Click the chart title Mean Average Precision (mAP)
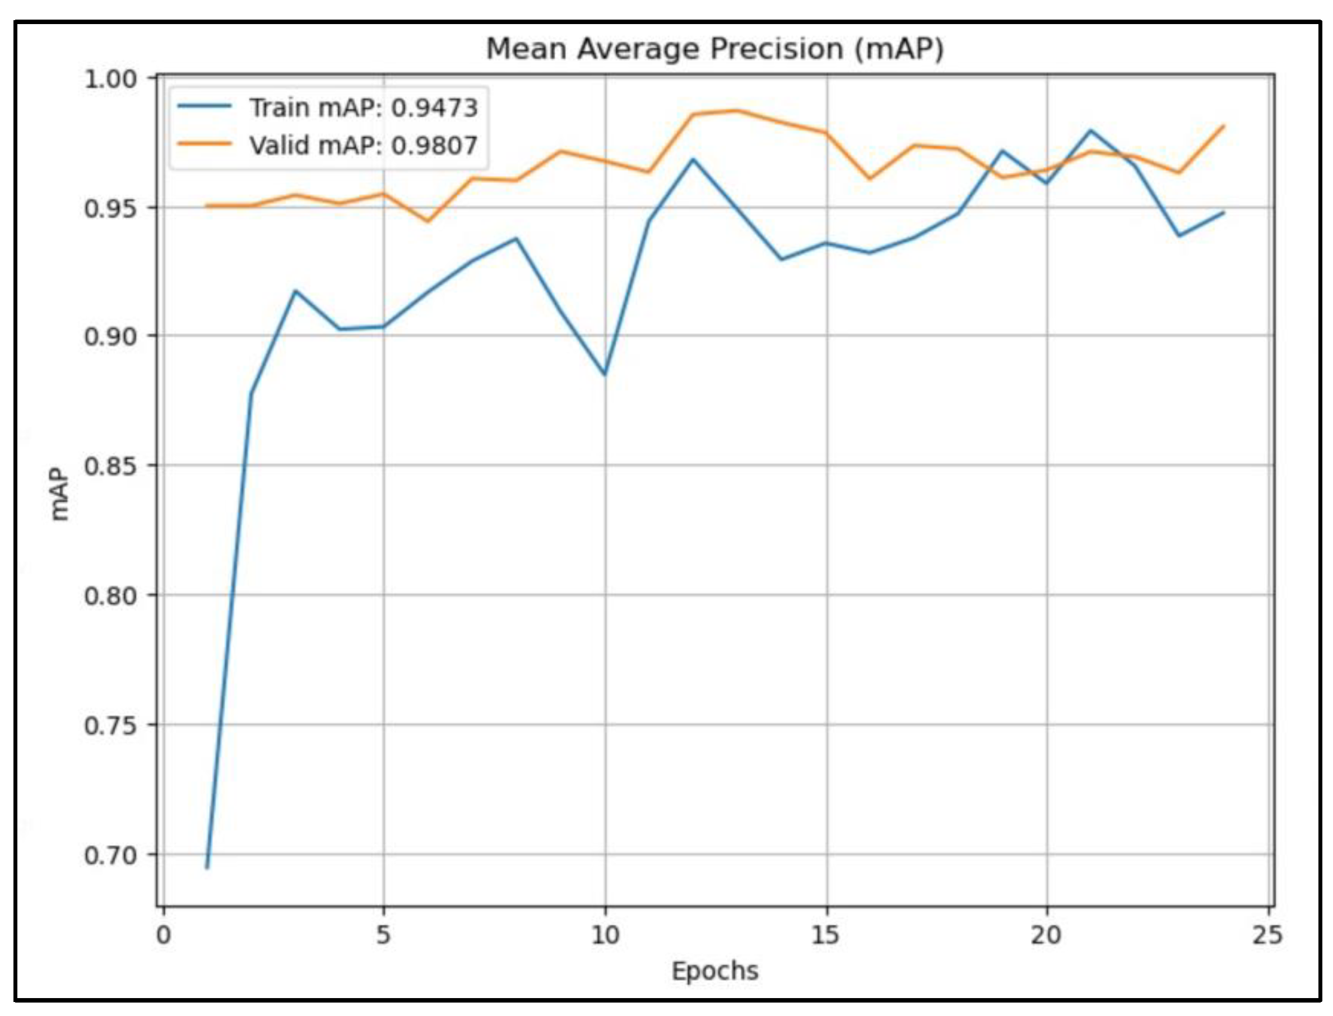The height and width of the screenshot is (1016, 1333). pos(714,49)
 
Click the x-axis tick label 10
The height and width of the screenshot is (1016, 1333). pos(605,935)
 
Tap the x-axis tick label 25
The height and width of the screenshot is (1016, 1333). pos(1267,935)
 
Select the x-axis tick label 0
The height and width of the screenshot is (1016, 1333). pos(164,935)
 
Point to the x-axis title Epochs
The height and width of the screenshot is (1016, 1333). pos(714,971)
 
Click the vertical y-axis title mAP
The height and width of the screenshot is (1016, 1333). pos(59,494)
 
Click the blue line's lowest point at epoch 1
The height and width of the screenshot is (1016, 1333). pos(207,868)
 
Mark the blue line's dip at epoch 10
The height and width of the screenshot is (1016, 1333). pos(605,374)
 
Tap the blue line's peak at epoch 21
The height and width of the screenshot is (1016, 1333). pos(1090,130)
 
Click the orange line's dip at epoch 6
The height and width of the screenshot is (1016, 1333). pos(428,221)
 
